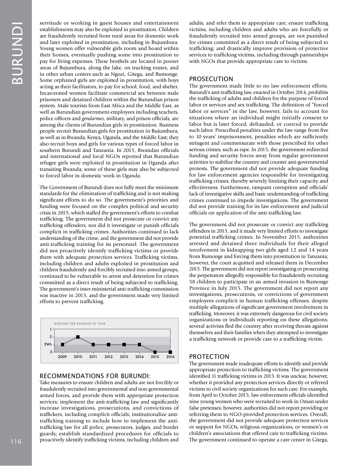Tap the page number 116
(x=16, y=441)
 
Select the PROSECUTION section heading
(x=211, y=79)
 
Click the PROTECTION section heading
(x=209, y=357)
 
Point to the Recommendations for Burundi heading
(x=95, y=376)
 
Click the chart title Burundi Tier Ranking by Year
(x=80, y=324)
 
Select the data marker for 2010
(x=78, y=337)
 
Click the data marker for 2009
(x=63, y=344)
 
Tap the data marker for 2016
(x=171, y=352)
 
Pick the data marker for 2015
(x=155, y=352)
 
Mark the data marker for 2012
(x=109, y=344)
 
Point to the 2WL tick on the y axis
(x=48, y=344)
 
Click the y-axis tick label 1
(x=51, y=329)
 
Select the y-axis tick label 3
(x=51, y=352)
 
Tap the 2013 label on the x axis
(x=124, y=357)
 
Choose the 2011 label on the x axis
(x=93, y=357)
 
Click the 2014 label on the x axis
(x=139, y=357)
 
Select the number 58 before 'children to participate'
(x=193, y=281)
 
